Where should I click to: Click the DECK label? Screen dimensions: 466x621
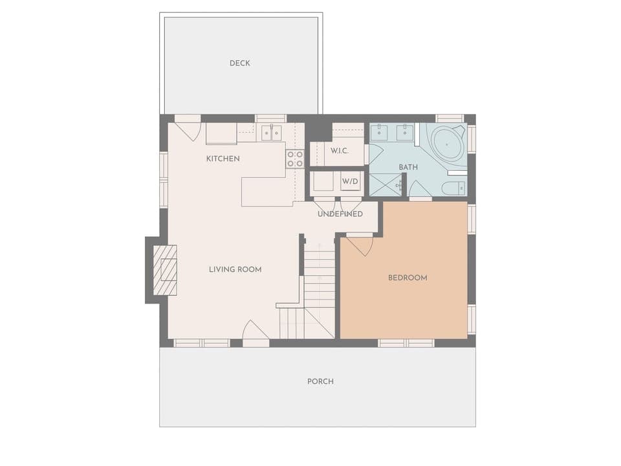click(x=239, y=63)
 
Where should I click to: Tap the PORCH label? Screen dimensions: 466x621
click(x=320, y=381)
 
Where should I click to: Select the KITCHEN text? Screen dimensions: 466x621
click(x=223, y=159)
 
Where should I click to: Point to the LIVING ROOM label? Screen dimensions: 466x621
click(x=235, y=269)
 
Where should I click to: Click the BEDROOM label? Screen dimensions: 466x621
click(x=408, y=278)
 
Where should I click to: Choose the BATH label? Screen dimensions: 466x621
click(x=408, y=167)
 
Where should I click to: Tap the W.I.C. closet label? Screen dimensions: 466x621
click(x=340, y=151)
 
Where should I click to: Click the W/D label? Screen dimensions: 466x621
click(x=350, y=181)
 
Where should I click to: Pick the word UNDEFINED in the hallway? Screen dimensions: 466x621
click(x=340, y=214)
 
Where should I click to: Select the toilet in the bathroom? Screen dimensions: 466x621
click(x=452, y=188)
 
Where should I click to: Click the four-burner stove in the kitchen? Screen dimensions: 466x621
click(x=295, y=159)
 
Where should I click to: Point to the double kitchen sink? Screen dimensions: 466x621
click(x=272, y=133)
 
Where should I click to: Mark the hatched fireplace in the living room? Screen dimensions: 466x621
click(x=165, y=270)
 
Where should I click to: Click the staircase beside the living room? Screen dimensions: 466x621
click(x=319, y=285)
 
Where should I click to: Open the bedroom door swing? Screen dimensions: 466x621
click(x=360, y=244)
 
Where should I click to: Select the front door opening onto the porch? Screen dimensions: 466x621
click(x=255, y=331)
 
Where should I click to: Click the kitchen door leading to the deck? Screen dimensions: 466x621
click(x=188, y=129)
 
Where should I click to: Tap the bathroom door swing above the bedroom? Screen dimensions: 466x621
click(x=419, y=190)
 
